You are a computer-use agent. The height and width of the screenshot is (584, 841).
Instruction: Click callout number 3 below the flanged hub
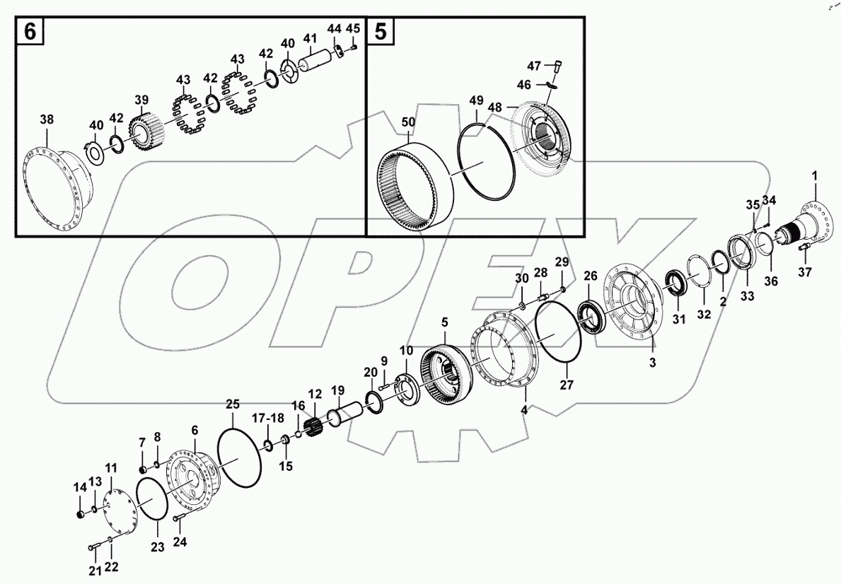click(653, 363)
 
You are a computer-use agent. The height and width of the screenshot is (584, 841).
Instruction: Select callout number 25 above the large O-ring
click(233, 404)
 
